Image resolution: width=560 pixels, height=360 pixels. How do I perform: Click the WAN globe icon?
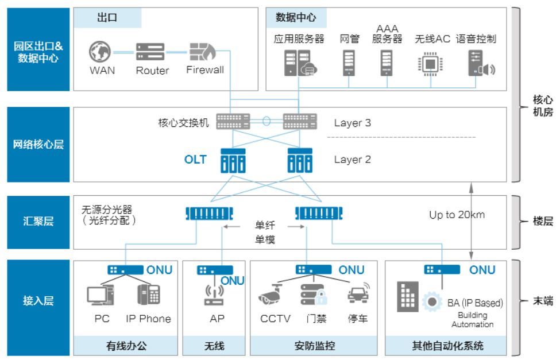click(x=101, y=52)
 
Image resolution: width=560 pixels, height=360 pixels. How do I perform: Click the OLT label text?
click(x=195, y=160)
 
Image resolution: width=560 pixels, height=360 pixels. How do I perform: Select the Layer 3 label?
click(x=352, y=123)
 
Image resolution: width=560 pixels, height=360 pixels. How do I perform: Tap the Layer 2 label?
click(x=352, y=160)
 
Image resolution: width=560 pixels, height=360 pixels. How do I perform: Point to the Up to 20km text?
click(x=457, y=215)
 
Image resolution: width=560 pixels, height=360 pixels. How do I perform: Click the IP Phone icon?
click(x=148, y=295)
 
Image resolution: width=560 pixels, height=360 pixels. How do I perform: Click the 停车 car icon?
click(x=358, y=294)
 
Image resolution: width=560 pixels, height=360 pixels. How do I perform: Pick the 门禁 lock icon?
click(x=314, y=295)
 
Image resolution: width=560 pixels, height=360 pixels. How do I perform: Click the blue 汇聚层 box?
click(x=38, y=222)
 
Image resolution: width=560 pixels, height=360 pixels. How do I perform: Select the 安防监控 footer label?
click(x=314, y=346)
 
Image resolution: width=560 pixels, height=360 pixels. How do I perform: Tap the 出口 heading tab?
click(x=107, y=18)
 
